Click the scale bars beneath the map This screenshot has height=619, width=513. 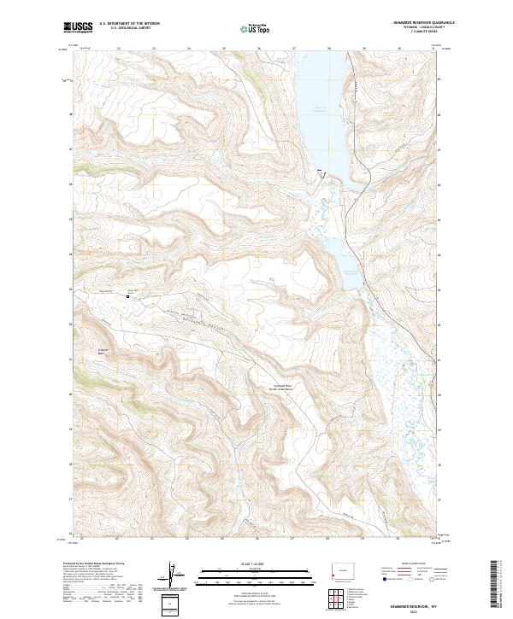pos(256,577)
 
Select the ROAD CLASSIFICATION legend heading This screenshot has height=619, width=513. pos(407,564)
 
